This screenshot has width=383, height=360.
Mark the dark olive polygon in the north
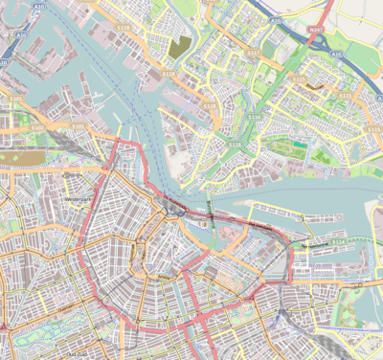point(179,46)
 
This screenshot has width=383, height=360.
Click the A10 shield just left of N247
point(276,19)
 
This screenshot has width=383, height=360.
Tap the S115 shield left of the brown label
point(298,79)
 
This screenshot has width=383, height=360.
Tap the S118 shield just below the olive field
point(168,72)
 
